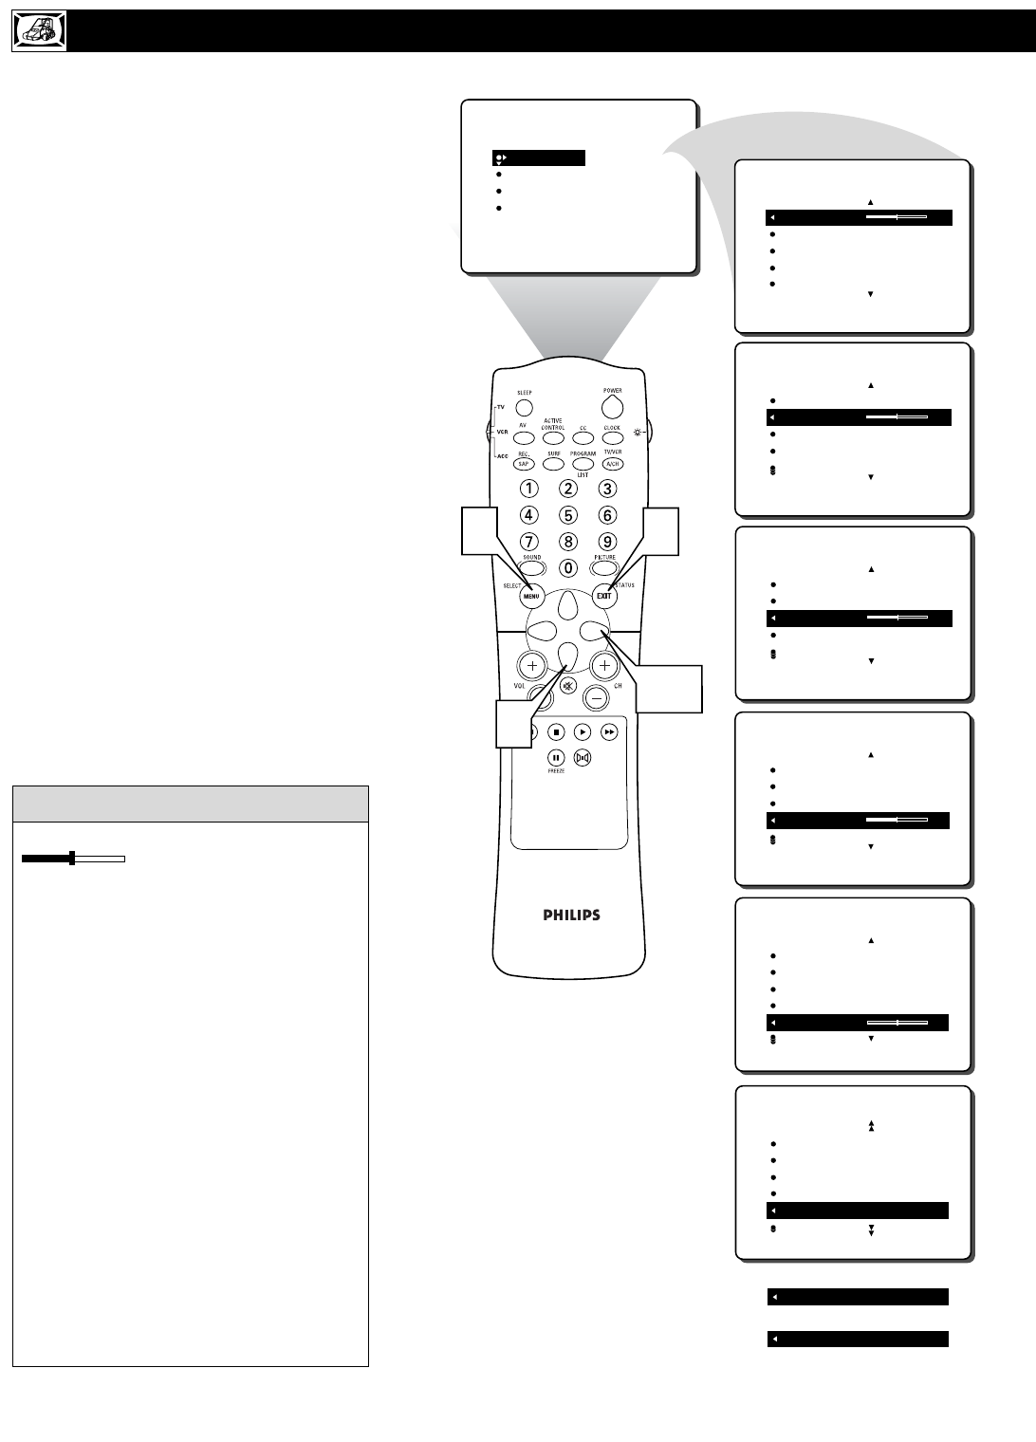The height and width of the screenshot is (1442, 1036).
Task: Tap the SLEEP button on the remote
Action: click(x=525, y=408)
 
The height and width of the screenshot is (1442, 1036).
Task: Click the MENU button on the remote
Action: click(x=531, y=597)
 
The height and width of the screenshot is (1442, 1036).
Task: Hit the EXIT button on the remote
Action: click(x=604, y=596)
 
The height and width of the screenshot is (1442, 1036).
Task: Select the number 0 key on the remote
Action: click(x=567, y=568)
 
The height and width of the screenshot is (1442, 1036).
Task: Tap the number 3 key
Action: click(x=607, y=489)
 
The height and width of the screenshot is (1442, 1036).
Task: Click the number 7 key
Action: click(x=529, y=543)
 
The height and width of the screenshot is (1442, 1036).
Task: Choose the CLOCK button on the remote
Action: click(x=613, y=438)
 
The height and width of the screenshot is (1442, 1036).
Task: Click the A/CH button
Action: click(x=612, y=465)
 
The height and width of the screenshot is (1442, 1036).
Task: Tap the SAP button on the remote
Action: click(x=523, y=465)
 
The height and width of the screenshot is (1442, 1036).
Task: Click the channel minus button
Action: click(x=597, y=697)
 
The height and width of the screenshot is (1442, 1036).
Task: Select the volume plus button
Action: click(x=532, y=666)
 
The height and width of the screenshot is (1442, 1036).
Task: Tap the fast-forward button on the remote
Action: click(x=609, y=731)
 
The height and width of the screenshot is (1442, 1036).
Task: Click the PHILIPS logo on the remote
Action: click(x=571, y=915)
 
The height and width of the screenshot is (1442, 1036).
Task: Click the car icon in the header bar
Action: click(x=40, y=31)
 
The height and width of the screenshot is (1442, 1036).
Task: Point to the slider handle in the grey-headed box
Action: click(x=72, y=859)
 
